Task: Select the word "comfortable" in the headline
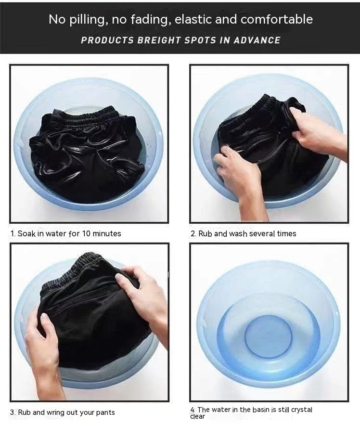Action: click(x=276, y=20)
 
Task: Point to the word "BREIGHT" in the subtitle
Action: click(x=158, y=40)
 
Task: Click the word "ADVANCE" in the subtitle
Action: click(x=257, y=40)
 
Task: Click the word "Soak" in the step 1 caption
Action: click(x=26, y=234)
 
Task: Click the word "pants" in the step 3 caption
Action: click(x=104, y=413)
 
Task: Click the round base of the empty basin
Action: click(x=268, y=333)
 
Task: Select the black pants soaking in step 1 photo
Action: click(x=87, y=154)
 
